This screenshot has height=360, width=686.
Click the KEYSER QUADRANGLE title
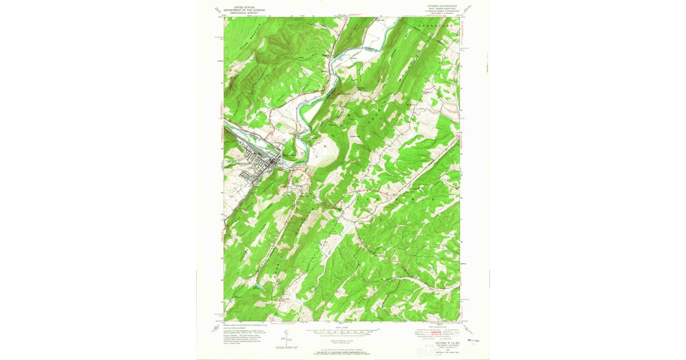(438, 7)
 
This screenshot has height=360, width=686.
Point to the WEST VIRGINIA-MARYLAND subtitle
(438, 10)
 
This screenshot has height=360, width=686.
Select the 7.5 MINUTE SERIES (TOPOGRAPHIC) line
(438, 12)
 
